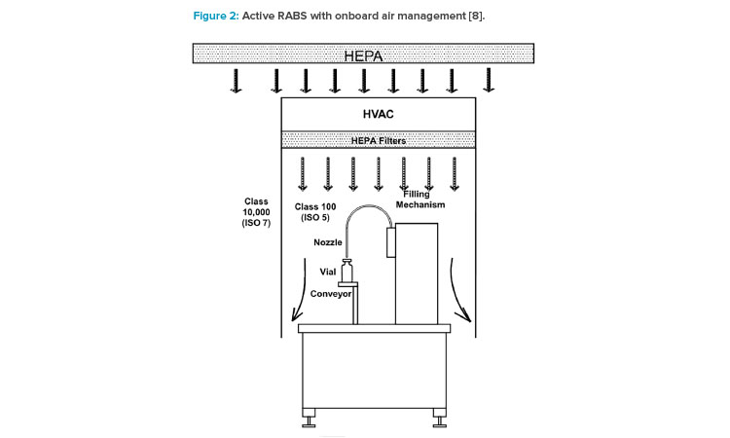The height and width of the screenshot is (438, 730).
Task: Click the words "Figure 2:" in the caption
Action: (x=216, y=16)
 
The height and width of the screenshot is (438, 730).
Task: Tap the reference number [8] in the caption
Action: (x=475, y=16)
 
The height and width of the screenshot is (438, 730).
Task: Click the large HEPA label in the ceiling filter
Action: (x=364, y=56)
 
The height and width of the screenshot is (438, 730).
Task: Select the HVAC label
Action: (x=378, y=114)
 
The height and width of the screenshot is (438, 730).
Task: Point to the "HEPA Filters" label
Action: (x=379, y=140)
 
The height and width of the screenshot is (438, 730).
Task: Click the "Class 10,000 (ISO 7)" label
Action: (x=256, y=212)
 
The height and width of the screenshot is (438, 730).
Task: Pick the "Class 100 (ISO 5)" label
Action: (x=315, y=212)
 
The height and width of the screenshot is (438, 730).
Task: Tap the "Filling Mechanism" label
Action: (x=420, y=200)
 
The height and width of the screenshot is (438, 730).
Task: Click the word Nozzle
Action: (x=328, y=242)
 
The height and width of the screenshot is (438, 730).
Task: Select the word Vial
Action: (x=328, y=272)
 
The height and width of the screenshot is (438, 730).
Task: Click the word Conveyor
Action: (x=331, y=294)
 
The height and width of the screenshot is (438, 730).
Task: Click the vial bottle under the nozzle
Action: (x=347, y=271)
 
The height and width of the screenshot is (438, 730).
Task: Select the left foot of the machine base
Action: (x=309, y=418)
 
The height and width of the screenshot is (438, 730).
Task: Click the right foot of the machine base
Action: (x=440, y=418)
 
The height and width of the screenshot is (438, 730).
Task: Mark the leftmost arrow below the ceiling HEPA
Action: (x=237, y=81)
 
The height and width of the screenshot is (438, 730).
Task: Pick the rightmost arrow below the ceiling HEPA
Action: (x=489, y=80)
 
